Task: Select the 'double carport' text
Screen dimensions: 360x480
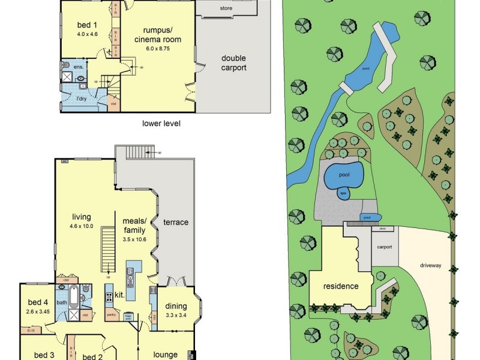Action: click(x=234, y=63)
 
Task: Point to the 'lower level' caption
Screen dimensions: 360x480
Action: click(x=161, y=124)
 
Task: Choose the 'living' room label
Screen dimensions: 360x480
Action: click(x=81, y=217)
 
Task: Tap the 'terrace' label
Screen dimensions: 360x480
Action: click(x=176, y=222)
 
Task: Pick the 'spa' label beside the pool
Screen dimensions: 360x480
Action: click(x=344, y=193)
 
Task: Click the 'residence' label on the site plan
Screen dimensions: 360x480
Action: click(x=340, y=286)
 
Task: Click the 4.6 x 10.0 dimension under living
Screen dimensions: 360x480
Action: click(x=81, y=226)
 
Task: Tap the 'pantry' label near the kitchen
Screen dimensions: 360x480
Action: click(x=110, y=314)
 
